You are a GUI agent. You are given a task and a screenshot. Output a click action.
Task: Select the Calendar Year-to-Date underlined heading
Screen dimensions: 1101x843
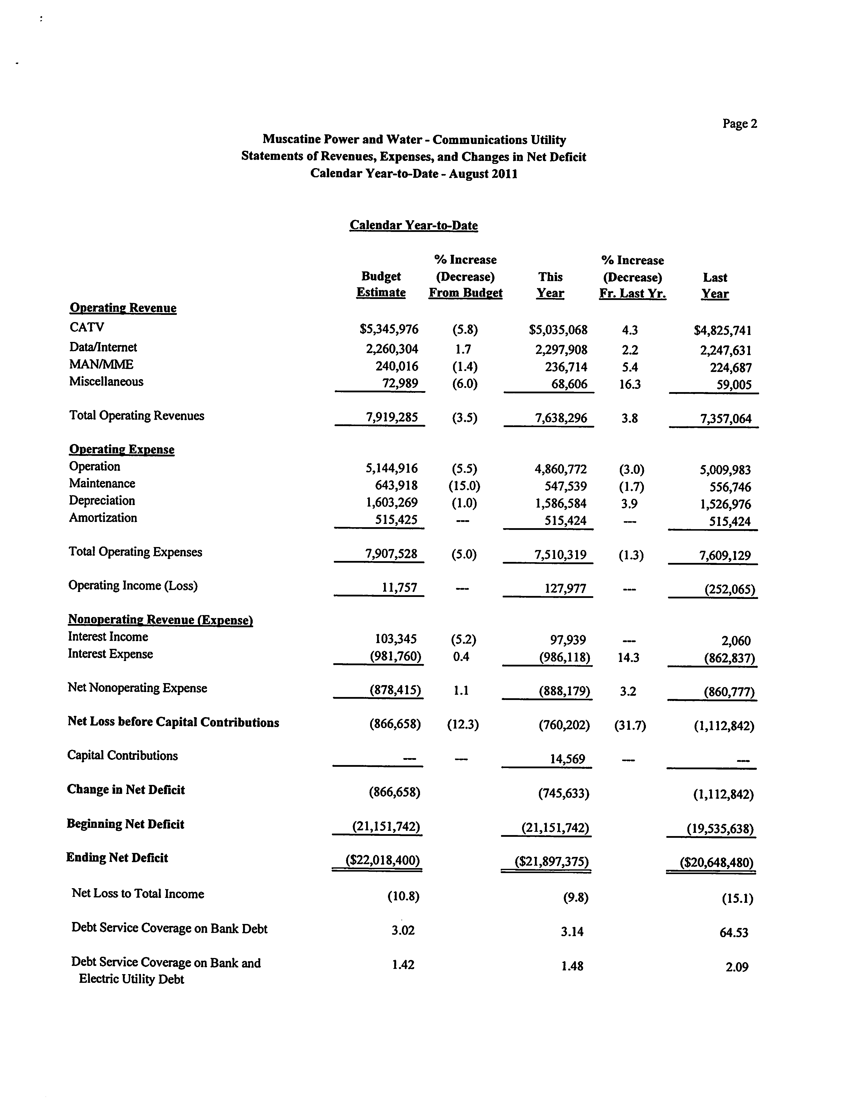[414, 225]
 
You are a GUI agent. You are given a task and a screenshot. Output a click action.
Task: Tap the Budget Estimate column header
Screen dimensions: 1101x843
[381, 285]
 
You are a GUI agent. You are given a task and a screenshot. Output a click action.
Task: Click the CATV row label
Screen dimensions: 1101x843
[87, 327]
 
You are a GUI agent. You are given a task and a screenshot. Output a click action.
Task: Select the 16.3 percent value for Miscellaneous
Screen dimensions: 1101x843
[630, 384]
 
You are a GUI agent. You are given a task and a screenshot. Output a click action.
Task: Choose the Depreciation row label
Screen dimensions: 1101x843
[102, 501]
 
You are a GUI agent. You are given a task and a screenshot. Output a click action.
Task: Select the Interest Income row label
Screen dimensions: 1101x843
[108, 637]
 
